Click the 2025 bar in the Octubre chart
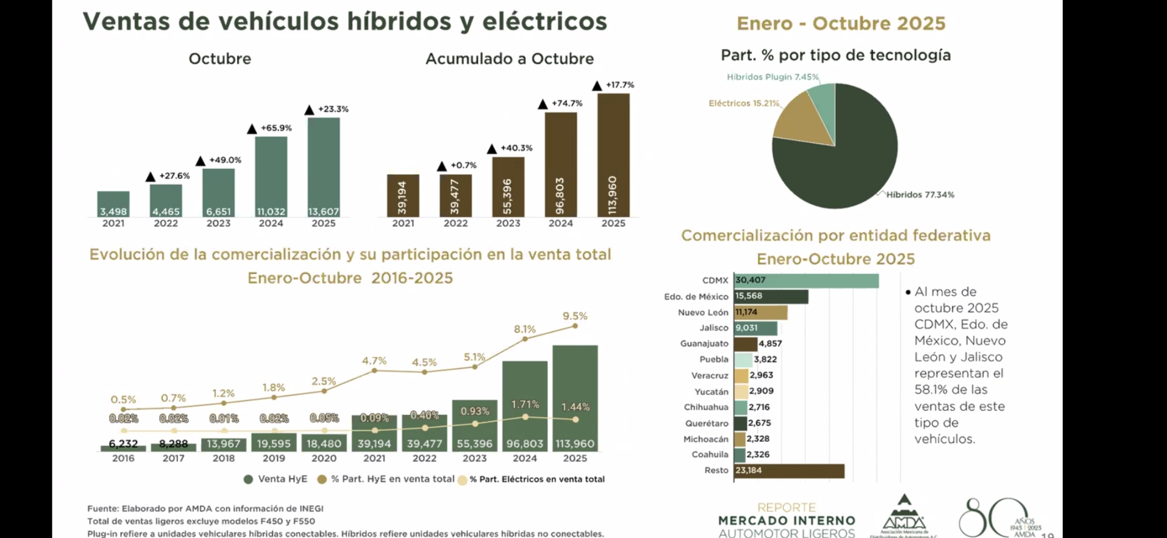[324, 167]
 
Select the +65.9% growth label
[276, 128]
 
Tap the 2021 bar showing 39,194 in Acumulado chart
[403, 196]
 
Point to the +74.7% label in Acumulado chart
[567, 104]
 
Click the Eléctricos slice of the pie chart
[803, 125]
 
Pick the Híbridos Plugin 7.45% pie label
[773, 77]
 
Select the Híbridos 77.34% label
[920, 195]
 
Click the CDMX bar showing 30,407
[806, 280]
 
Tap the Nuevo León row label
[703, 312]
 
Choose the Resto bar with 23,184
[789, 471]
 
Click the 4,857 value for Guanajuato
[770, 343]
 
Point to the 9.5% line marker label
[575, 316]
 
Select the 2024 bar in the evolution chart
[525, 406]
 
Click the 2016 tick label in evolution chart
[123, 458]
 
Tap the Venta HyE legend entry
[276, 479]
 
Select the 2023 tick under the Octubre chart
[218, 223]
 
